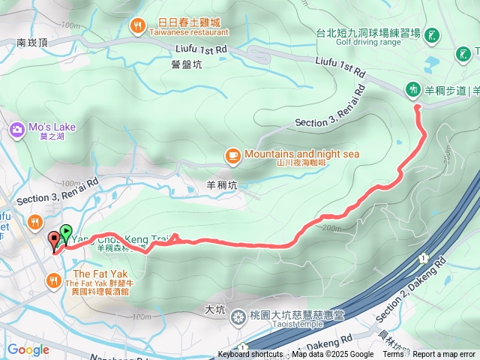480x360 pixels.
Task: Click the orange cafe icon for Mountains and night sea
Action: tap(232, 155)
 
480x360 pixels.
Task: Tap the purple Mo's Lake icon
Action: tap(16, 131)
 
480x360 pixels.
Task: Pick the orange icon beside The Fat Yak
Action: tap(53, 280)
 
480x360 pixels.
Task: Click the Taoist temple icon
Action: tap(238, 316)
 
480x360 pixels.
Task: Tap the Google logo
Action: tap(28, 349)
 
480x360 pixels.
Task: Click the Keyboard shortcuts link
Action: tap(250, 355)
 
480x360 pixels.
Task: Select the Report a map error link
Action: tap(444, 355)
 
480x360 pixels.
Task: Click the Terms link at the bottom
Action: tap(393, 355)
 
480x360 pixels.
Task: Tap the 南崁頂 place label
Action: tap(32, 44)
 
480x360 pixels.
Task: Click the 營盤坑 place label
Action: tap(186, 65)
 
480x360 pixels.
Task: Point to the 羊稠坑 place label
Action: tap(220, 183)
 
